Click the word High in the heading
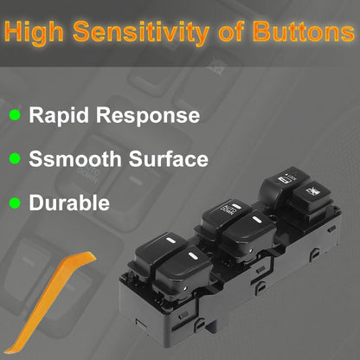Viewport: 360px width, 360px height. [x=34, y=32]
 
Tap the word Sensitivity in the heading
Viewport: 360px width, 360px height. [x=141, y=32]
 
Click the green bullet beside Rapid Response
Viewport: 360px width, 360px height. [x=15, y=115]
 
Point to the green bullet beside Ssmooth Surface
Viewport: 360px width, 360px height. [x=15, y=158]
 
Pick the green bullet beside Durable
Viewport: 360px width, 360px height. [x=15, y=202]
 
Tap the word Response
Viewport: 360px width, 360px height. [x=148, y=116]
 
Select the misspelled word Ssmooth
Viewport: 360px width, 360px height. [x=75, y=158]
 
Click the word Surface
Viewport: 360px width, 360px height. [x=169, y=158]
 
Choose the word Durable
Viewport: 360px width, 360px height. [x=69, y=202]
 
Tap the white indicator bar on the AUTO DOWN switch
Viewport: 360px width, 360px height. [x=236, y=206]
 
